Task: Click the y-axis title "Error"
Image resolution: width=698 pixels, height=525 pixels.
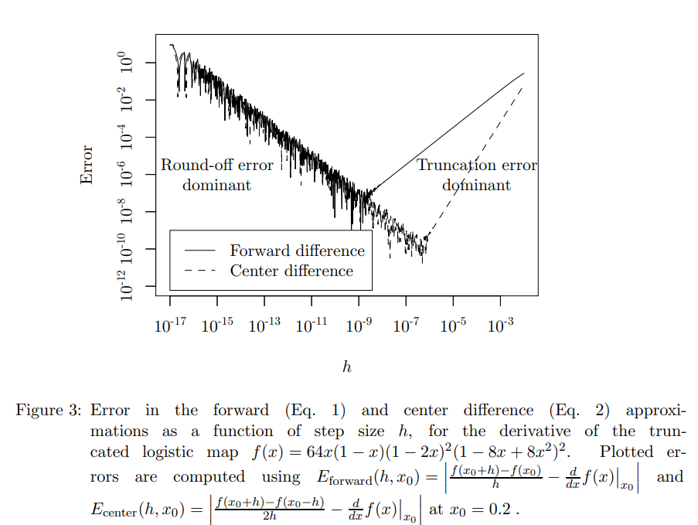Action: [x=87, y=165]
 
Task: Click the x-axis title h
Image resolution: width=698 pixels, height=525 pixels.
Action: [x=347, y=366]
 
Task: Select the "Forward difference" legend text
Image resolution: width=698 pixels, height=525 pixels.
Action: [x=297, y=251]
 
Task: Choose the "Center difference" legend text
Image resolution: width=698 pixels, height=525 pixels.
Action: [x=291, y=271]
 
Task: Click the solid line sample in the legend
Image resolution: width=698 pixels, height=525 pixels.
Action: [x=199, y=251]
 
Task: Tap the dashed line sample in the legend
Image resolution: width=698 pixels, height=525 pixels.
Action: [x=199, y=271]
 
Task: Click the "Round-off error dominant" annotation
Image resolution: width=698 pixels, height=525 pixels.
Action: [x=217, y=175]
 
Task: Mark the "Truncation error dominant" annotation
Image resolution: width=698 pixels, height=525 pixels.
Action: [x=476, y=175]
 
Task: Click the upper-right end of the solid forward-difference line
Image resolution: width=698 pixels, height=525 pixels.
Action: [x=523, y=74]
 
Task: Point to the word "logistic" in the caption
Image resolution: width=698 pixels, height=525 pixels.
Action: [x=169, y=452]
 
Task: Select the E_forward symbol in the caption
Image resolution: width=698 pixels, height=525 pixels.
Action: [x=343, y=478]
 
